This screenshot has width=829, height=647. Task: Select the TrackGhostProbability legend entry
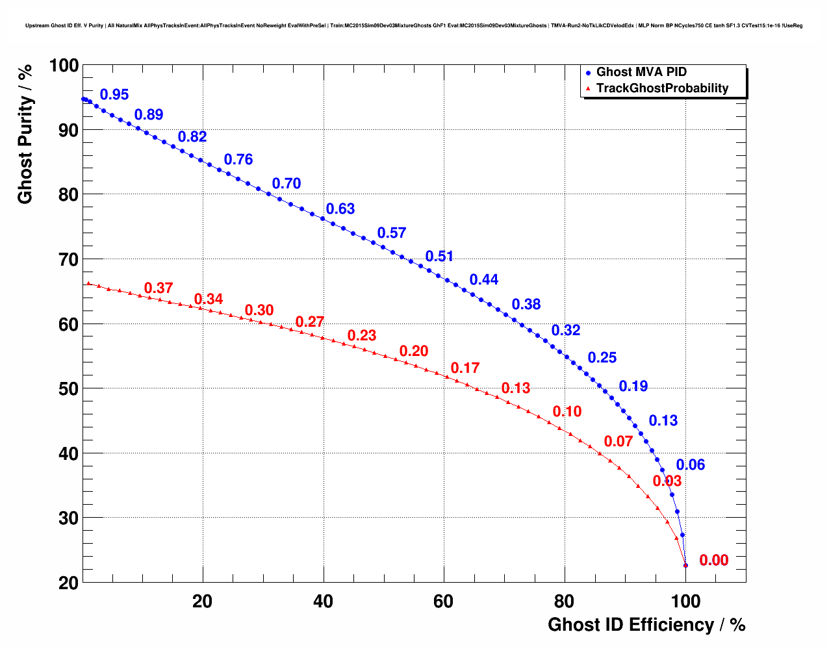coord(662,88)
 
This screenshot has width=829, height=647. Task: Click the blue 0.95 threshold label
coord(114,95)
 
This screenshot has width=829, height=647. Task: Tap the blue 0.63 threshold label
coord(340,209)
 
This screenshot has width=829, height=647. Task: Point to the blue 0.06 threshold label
coord(690,465)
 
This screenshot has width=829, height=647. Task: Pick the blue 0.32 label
coord(566,331)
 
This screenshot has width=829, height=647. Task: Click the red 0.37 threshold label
coord(159,288)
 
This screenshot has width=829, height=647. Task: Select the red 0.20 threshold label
coord(414,351)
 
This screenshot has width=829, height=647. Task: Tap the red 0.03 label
coord(667,481)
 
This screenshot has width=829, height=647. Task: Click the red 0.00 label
coord(713,561)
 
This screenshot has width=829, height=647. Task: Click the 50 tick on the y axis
coord(67,389)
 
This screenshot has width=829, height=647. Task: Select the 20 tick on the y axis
coord(67,583)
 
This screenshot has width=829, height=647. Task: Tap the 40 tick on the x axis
coord(323,602)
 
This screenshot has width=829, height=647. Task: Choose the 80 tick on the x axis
coord(564,602)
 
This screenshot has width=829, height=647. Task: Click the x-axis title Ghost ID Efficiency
coord(646,625)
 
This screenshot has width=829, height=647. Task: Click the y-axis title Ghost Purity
coord(25,150)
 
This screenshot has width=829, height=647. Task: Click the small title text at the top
coord(414,26)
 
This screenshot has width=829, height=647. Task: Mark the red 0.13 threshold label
coord(516,388)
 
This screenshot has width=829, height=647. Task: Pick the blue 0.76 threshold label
coord(238,160)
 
